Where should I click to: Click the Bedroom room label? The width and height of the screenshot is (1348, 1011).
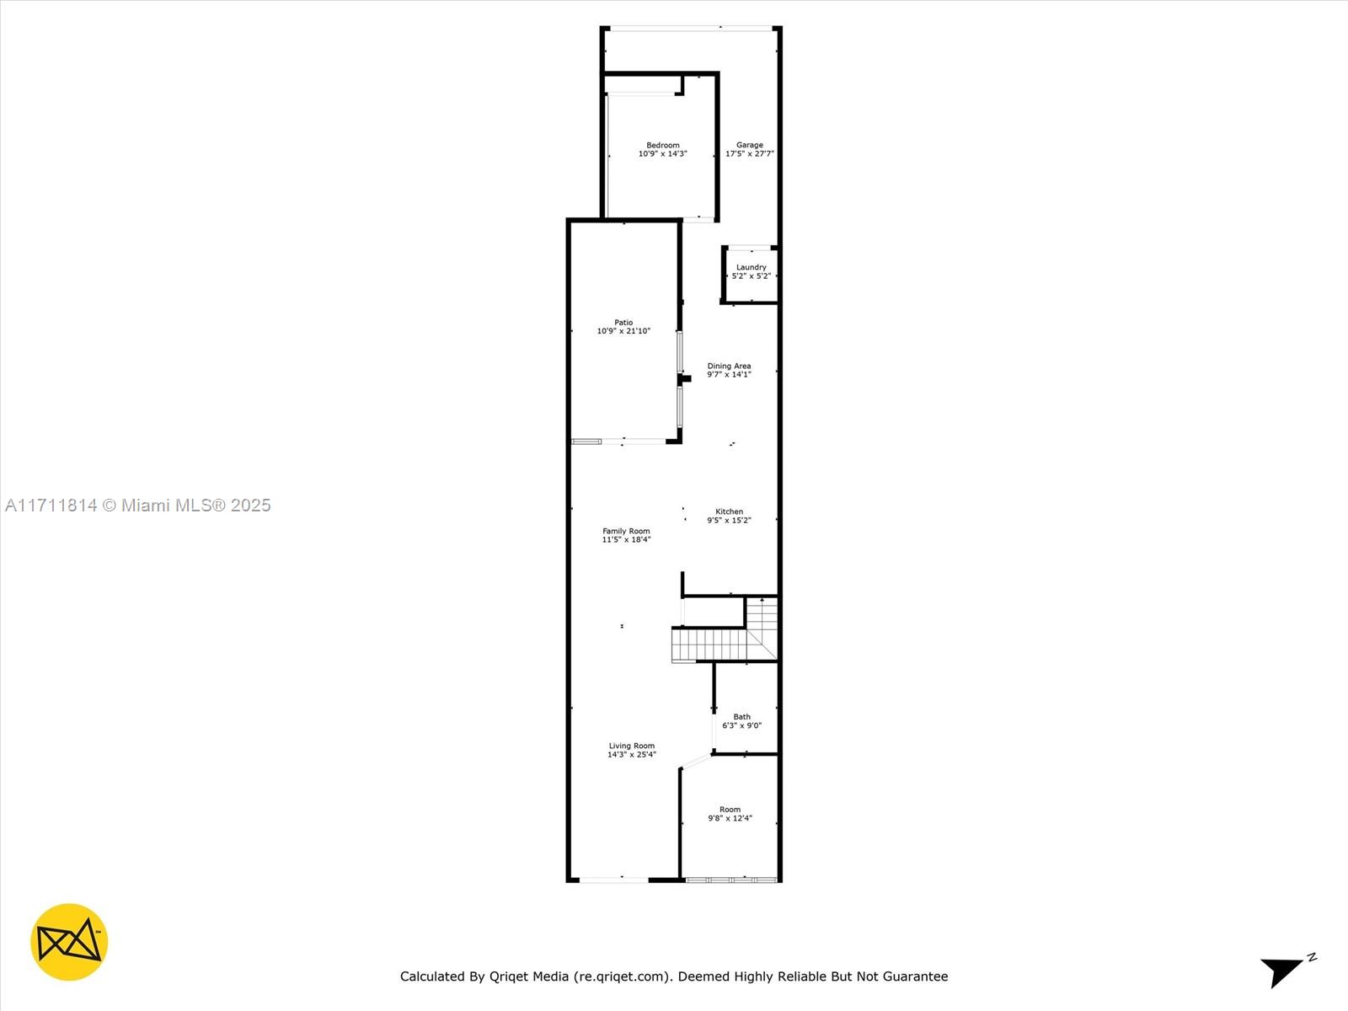(662, 145)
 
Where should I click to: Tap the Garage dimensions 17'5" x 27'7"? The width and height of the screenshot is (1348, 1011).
(749, 154)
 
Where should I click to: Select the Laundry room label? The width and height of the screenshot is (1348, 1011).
(751, 267)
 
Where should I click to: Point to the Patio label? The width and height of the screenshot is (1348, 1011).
(623, 322)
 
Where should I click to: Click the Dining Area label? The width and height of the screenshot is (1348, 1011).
(729, 366)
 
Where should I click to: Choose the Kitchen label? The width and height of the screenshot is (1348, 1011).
(729, 511)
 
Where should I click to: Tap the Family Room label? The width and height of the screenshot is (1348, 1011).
(626, 531)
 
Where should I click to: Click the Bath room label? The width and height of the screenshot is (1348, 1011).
(741, 717)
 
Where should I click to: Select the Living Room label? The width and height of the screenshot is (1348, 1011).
(631, 746)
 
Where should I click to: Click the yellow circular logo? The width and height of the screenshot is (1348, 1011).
(69, 942)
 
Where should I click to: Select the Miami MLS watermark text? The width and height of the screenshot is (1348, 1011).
(137, 505)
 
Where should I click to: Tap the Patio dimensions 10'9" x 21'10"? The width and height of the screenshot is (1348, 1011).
(623, 331)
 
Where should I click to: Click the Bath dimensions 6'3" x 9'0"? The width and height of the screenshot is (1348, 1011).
(741, 725)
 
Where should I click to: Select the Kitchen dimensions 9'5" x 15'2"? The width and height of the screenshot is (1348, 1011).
(729, 521)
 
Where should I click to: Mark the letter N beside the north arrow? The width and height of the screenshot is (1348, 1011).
(1312, 957)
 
